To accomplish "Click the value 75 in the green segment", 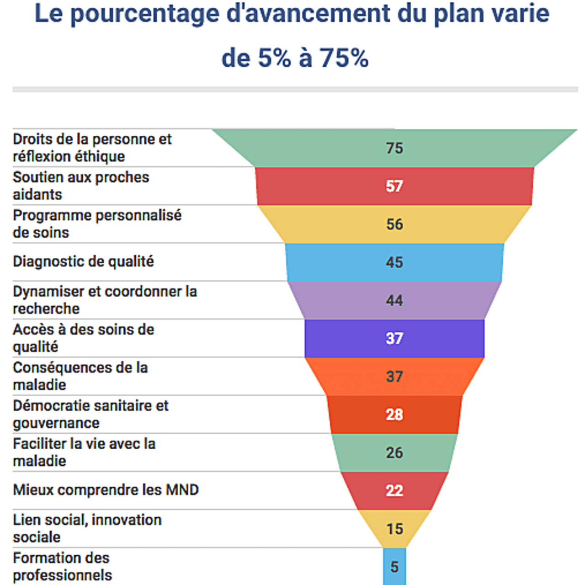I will pos(394,148).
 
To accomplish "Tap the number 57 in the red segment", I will pos(394,186).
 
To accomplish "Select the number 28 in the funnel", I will pos(394,415).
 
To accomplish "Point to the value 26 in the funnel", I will pos(394,452).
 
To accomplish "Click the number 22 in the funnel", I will pos(394,490).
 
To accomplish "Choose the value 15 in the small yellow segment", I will pos(394,529).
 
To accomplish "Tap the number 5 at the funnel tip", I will pos(394,567).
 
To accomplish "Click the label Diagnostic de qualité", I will pos(83,262).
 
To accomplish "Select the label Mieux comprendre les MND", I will pos(106,490).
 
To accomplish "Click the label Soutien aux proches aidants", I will pos(81,186).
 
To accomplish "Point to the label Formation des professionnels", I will pos(62,566).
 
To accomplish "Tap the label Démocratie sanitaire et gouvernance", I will pos(90,414).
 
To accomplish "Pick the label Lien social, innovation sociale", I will pos(87,528).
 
